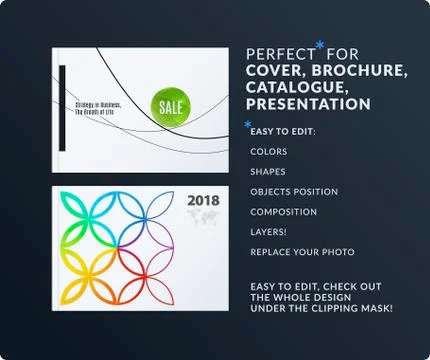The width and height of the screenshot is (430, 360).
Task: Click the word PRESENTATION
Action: pyautogui.click(x=308, y=104)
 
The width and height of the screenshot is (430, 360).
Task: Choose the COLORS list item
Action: pyautogui.click(x=269, y=152)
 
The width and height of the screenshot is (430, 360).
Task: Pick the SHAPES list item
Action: pyautogui.click(x=268, y=172)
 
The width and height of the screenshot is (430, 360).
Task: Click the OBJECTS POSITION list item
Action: pyautogui.click(x=294, y=192)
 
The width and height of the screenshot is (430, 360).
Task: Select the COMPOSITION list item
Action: pyautogui.click(x=284, y=212)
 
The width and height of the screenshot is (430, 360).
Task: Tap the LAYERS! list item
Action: pyautogui.click(x=268, y=232)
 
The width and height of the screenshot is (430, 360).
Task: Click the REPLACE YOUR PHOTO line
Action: pyautogui.click(x=296, y=252)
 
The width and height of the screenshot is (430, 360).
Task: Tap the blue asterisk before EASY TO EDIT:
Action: pyautogui.click(x=247, y=125)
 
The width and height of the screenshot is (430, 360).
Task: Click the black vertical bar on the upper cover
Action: pyautogui.click(x=63, y=103)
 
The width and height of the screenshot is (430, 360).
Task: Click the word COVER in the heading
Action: pyautogui.click(x=271, y=70)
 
